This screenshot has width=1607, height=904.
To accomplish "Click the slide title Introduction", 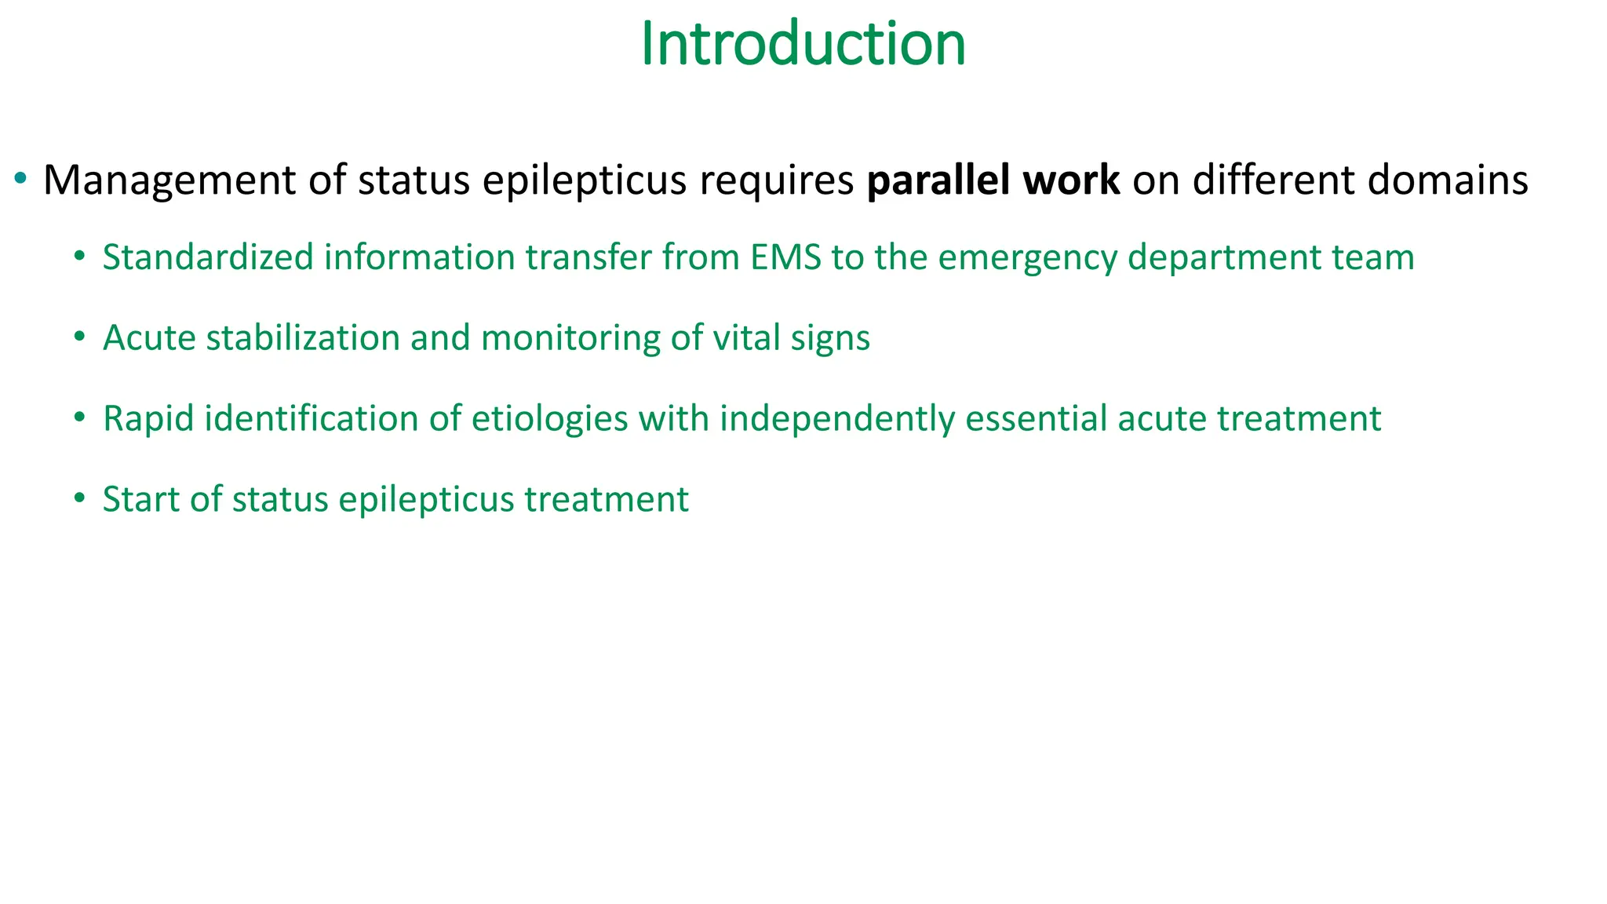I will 803,44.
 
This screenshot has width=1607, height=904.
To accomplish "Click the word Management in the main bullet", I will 169,180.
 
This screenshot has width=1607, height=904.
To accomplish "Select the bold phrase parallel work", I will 993,180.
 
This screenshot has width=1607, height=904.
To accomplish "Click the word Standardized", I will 208,258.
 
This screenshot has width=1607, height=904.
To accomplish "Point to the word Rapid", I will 148,419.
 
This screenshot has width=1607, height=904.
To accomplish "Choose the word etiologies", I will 549,419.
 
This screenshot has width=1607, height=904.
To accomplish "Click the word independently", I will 836,419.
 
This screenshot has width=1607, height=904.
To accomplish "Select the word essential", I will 1036,419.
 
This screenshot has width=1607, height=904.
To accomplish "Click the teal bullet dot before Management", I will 21,180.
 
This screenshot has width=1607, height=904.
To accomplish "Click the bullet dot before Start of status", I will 78,499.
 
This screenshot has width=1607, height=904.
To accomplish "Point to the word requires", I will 776,182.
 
